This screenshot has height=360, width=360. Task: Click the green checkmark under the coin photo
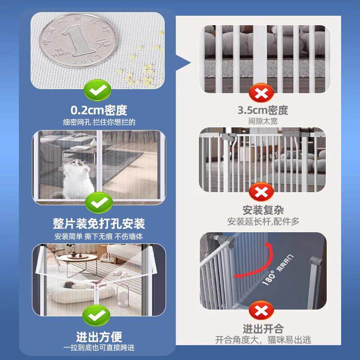pos(98,90)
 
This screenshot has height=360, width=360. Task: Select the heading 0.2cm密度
pos(99,110)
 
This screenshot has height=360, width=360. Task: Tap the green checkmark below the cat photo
pos(99,202)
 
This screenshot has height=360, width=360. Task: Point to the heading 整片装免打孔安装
pos(99,223)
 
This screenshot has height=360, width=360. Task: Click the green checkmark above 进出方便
pos(96,315)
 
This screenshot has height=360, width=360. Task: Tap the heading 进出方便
pos(99,337)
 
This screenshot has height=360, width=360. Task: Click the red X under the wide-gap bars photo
pos(261,93)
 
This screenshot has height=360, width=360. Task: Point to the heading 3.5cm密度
pos(263,110)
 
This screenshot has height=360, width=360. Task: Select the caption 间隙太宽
pos(263,121)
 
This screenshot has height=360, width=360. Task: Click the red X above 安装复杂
pos(261,192)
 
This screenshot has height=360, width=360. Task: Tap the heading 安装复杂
pos(263,210)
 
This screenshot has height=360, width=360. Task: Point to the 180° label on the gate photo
pos(269,278)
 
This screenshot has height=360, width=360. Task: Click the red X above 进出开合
pos(261,310)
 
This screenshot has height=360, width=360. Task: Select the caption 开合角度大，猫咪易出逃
pos(263,340)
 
